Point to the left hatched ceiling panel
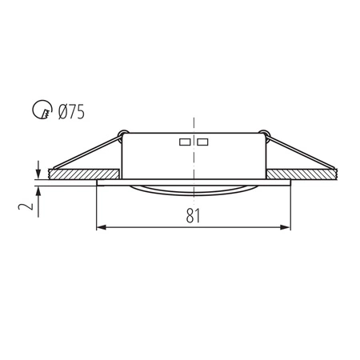84,174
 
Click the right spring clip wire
304,154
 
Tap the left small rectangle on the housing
184,142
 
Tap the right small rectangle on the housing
202,142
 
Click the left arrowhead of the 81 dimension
100,228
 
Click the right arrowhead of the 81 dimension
286,228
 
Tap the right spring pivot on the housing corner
265,133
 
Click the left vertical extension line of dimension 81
96,208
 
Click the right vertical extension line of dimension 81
290,208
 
